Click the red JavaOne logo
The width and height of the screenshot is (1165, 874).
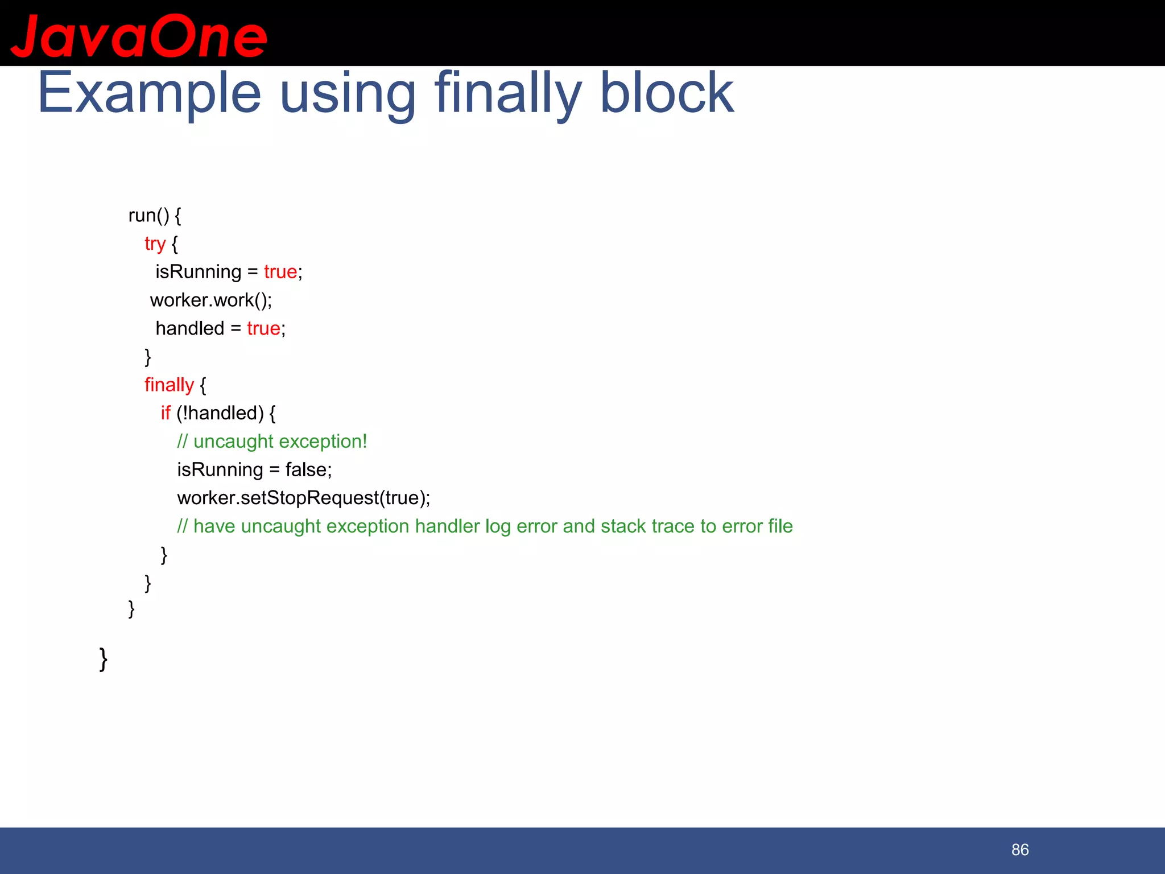point(139,37)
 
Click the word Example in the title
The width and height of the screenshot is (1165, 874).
point(149,93)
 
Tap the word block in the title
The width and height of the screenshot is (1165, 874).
point(667,93)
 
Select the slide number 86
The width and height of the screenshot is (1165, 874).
point(1020,850)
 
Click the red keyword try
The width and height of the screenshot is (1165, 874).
point(155,244)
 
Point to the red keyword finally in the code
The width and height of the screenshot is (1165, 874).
point(169,385)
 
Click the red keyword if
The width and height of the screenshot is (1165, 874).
point(166,413)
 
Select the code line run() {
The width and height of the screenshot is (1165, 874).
point(155,215)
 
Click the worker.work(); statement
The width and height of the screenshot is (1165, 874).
point(211,300)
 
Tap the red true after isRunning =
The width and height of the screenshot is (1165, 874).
point(280,271)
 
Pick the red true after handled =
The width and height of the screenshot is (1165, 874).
point(263,328)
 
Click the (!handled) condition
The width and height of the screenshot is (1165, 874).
point(220,413)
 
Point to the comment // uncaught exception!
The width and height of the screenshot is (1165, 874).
point(272,442)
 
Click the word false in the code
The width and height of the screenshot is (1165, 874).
point(306,469)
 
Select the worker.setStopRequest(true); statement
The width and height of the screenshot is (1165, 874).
point(304,498)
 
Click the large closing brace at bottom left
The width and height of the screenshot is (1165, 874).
point(104,659)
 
